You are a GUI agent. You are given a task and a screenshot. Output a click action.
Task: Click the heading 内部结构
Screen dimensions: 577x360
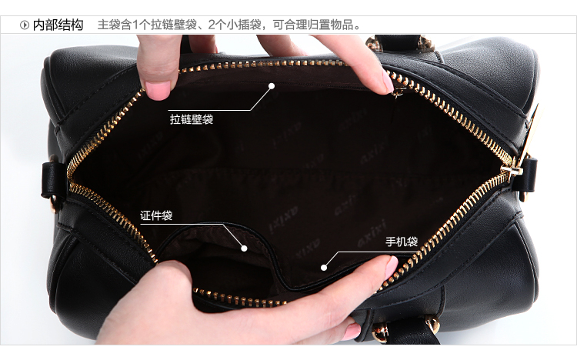(x=58, y=25)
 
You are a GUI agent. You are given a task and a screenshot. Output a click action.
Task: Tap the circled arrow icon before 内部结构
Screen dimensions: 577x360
(x=25, y=25)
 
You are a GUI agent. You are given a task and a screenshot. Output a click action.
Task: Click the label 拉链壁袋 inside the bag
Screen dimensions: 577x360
(x=192, y=119)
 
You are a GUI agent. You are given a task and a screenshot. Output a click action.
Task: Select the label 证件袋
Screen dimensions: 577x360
(x=156, y=215)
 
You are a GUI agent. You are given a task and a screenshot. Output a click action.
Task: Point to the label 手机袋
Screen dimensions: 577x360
(x=402, y=242)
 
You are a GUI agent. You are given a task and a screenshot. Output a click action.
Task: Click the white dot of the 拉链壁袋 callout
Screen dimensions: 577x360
(x=272, y=86)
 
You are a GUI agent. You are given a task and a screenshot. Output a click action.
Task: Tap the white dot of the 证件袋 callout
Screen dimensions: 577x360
(x=244, y=248)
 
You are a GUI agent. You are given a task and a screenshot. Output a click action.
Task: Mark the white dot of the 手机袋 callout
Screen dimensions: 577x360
(x=324, y=268)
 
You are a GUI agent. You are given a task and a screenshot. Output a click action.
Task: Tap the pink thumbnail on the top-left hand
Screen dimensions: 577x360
(x=158, y=90)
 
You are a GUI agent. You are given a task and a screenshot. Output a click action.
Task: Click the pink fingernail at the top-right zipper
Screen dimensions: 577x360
(x=388, y=82)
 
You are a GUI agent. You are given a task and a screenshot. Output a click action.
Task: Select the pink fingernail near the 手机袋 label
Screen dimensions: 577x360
(x=392, y=267)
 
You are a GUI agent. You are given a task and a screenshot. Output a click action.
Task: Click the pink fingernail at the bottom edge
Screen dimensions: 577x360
(x=352, y=332)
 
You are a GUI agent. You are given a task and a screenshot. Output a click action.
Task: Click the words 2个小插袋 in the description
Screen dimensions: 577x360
(x=235, y=25)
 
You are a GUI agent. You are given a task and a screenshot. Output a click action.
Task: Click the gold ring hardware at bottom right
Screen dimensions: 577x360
(x=432, y=324)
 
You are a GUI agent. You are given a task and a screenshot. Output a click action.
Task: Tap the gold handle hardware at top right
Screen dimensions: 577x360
(x=426, y=43)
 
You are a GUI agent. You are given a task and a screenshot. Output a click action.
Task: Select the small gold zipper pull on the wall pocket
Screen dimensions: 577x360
(x=399, y=92)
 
